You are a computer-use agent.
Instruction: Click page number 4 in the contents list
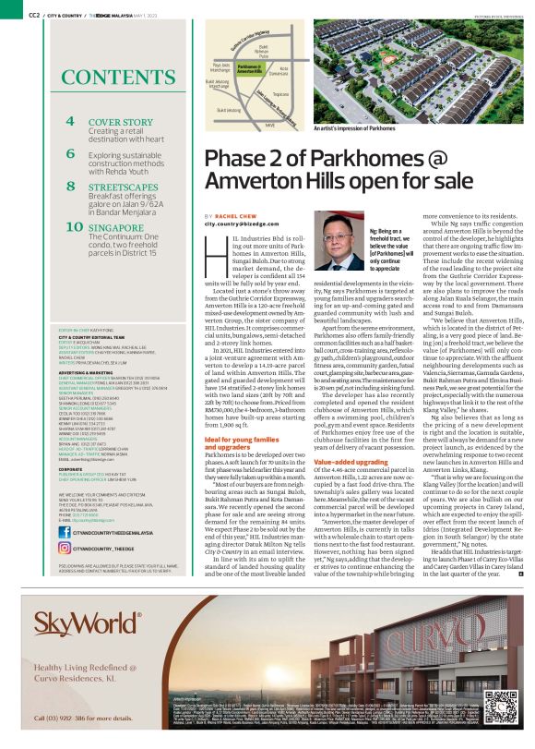click(70, 121)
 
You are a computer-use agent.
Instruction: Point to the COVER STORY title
click(120, 122)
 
